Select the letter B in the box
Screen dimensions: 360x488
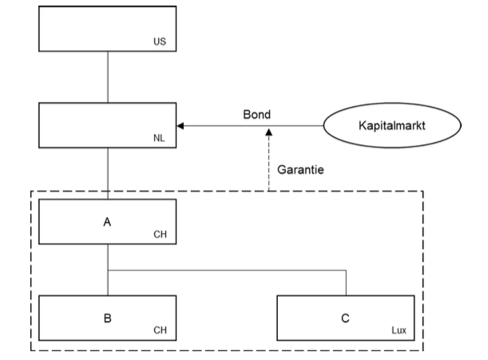tap(107, 317)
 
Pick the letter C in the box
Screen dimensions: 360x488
tap(345, 317)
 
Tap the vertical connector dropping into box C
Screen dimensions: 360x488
tap(346, 283)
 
